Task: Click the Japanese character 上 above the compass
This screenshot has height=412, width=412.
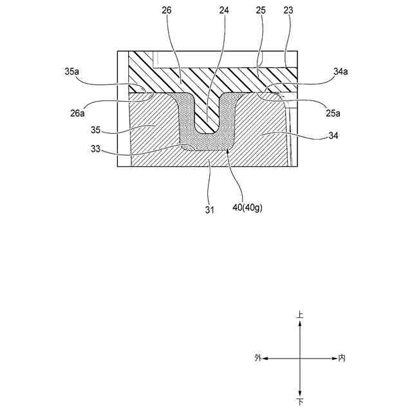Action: (x=300, y=315)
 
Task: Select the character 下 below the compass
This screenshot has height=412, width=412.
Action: (x=300, y=402)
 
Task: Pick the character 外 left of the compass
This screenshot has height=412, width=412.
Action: (x=257, y=358)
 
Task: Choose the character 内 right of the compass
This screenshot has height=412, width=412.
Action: (x=342, y=358)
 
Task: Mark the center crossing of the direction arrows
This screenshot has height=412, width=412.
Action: (x=300, y=358)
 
